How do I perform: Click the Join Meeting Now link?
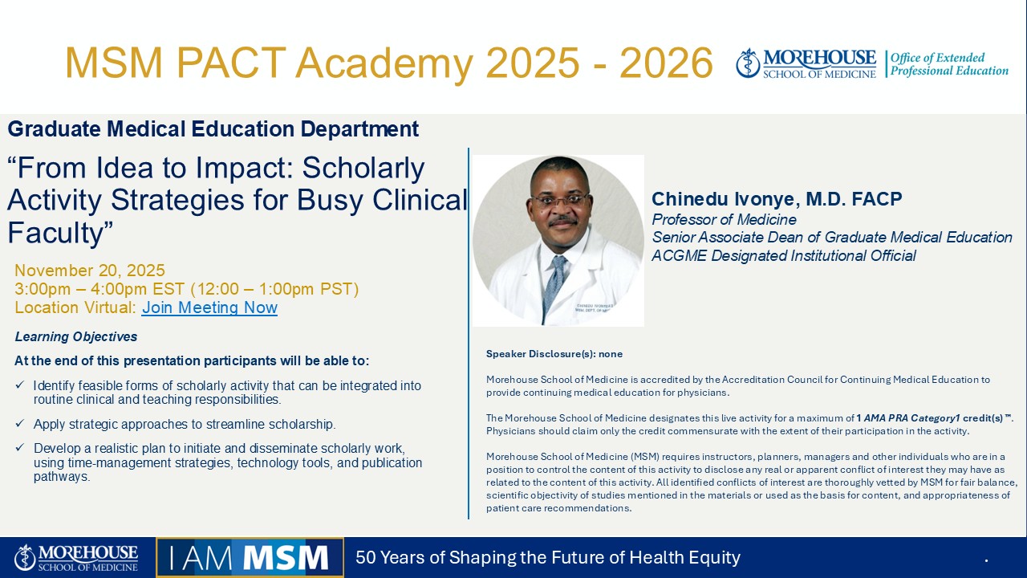(209, 307)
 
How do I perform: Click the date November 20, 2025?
(90, 271)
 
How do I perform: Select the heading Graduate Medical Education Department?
(213, 129)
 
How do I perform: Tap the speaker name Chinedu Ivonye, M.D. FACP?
(777, 199)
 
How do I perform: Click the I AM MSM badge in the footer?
(250, 557)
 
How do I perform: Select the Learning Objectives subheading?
(76, 336)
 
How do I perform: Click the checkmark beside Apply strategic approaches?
(20, 423)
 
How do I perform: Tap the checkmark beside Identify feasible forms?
(20, 385)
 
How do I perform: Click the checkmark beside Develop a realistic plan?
(20, 447)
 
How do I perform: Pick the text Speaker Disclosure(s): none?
(554, 354)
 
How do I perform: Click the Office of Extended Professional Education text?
(949, 64)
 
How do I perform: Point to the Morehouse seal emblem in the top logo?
(749, 63)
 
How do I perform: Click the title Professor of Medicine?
(724, 220)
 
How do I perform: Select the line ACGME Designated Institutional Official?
(784, 255)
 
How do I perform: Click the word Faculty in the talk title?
(56, 233)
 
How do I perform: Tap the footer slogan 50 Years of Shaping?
(548, 557)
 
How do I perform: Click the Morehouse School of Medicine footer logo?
(76, 558)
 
